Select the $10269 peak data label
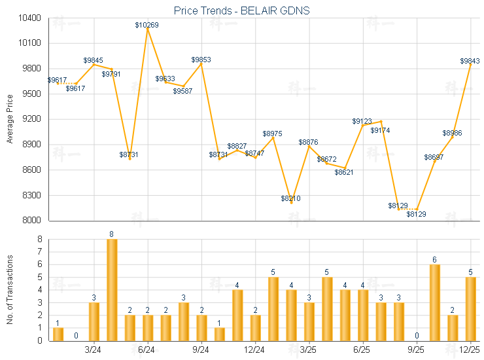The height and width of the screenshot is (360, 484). click(147, 25)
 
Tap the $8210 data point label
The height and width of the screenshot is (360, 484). click(291, 198)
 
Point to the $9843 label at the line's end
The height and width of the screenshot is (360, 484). click(470, 61)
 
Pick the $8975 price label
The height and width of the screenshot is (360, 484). click(273, 134)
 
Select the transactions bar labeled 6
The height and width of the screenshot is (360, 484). click(434, 302)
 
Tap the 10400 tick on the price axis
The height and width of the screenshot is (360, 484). click(31, 18)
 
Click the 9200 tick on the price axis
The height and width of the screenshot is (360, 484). click(33, 119)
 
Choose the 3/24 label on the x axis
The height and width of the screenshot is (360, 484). click(94, 350)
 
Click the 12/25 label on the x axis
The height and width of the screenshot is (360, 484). click(470, 350)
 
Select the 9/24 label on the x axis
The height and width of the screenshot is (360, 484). click(201, 350)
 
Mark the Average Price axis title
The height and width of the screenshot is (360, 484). click(10, 119)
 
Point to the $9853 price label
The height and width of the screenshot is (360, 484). click(201, 60)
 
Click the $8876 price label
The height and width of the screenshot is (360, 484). click(309, 142)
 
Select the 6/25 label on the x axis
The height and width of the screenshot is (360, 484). click(362, 350)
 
